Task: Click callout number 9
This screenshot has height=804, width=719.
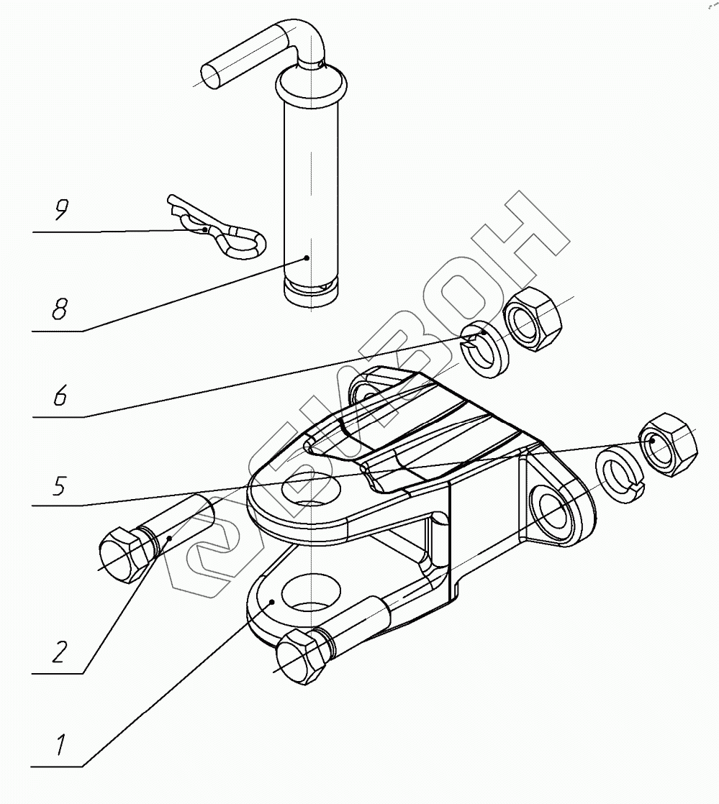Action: click(61, 211)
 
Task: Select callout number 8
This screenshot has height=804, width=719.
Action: click(59, 309)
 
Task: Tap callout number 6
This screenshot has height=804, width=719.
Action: click(60, 395)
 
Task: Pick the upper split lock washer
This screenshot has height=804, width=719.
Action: click(484, 351)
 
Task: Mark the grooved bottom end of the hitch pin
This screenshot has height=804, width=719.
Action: click(311, 293)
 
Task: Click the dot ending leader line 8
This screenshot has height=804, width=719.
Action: click(307, 257)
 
